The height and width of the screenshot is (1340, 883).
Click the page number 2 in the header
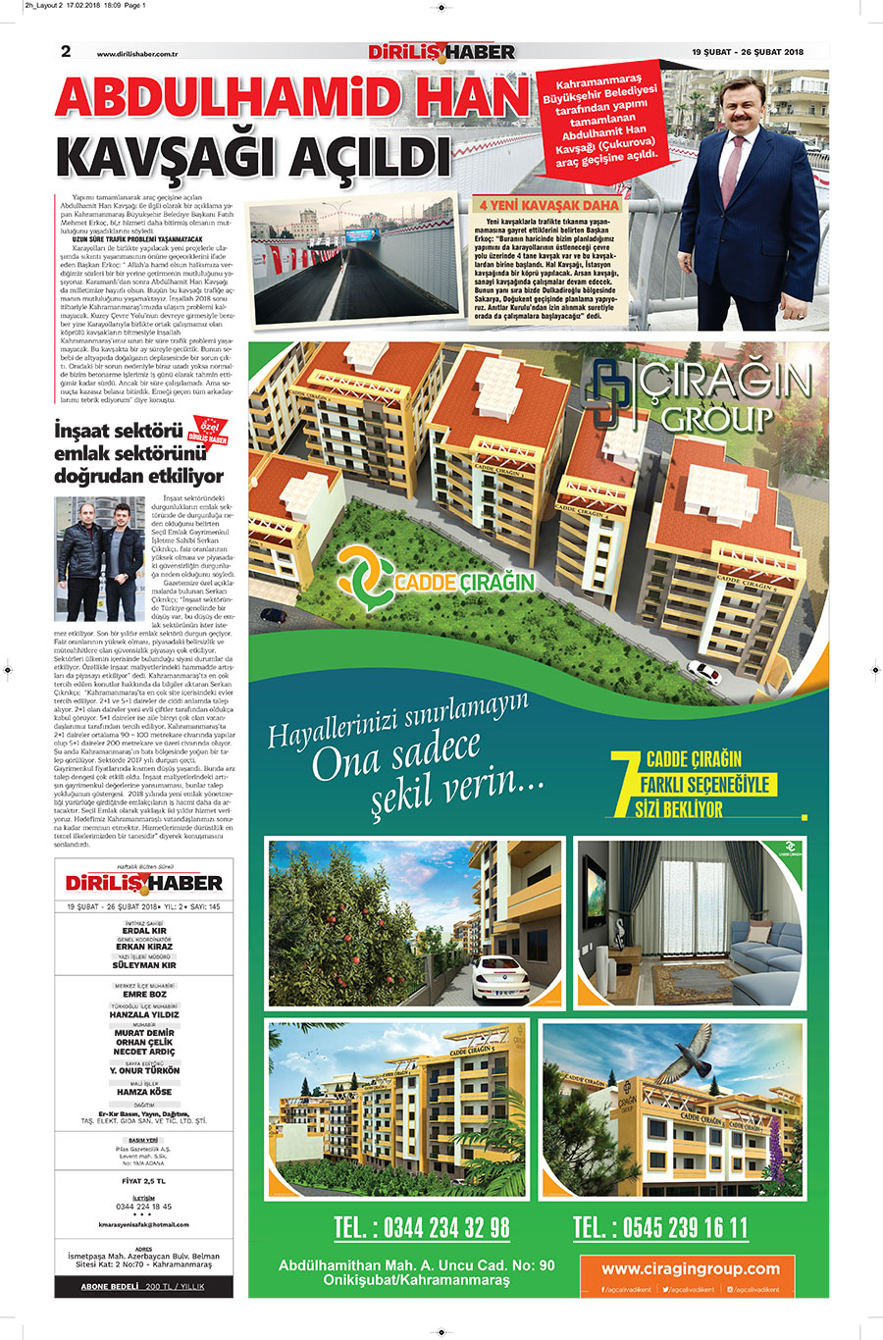tap(66, 51)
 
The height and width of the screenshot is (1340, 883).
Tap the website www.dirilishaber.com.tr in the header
tap(142, 54)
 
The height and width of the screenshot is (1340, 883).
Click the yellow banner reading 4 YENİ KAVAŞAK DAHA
tap(548, 205)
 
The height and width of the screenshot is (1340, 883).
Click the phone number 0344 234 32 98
tap(421, 1227)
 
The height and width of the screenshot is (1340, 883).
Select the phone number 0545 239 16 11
tap(660, 1227)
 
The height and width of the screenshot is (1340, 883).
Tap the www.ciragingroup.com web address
tap(691, 1268)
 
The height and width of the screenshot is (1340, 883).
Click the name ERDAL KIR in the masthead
tap(145, 931)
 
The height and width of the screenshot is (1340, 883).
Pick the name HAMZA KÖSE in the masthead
tap(144, 1092)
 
